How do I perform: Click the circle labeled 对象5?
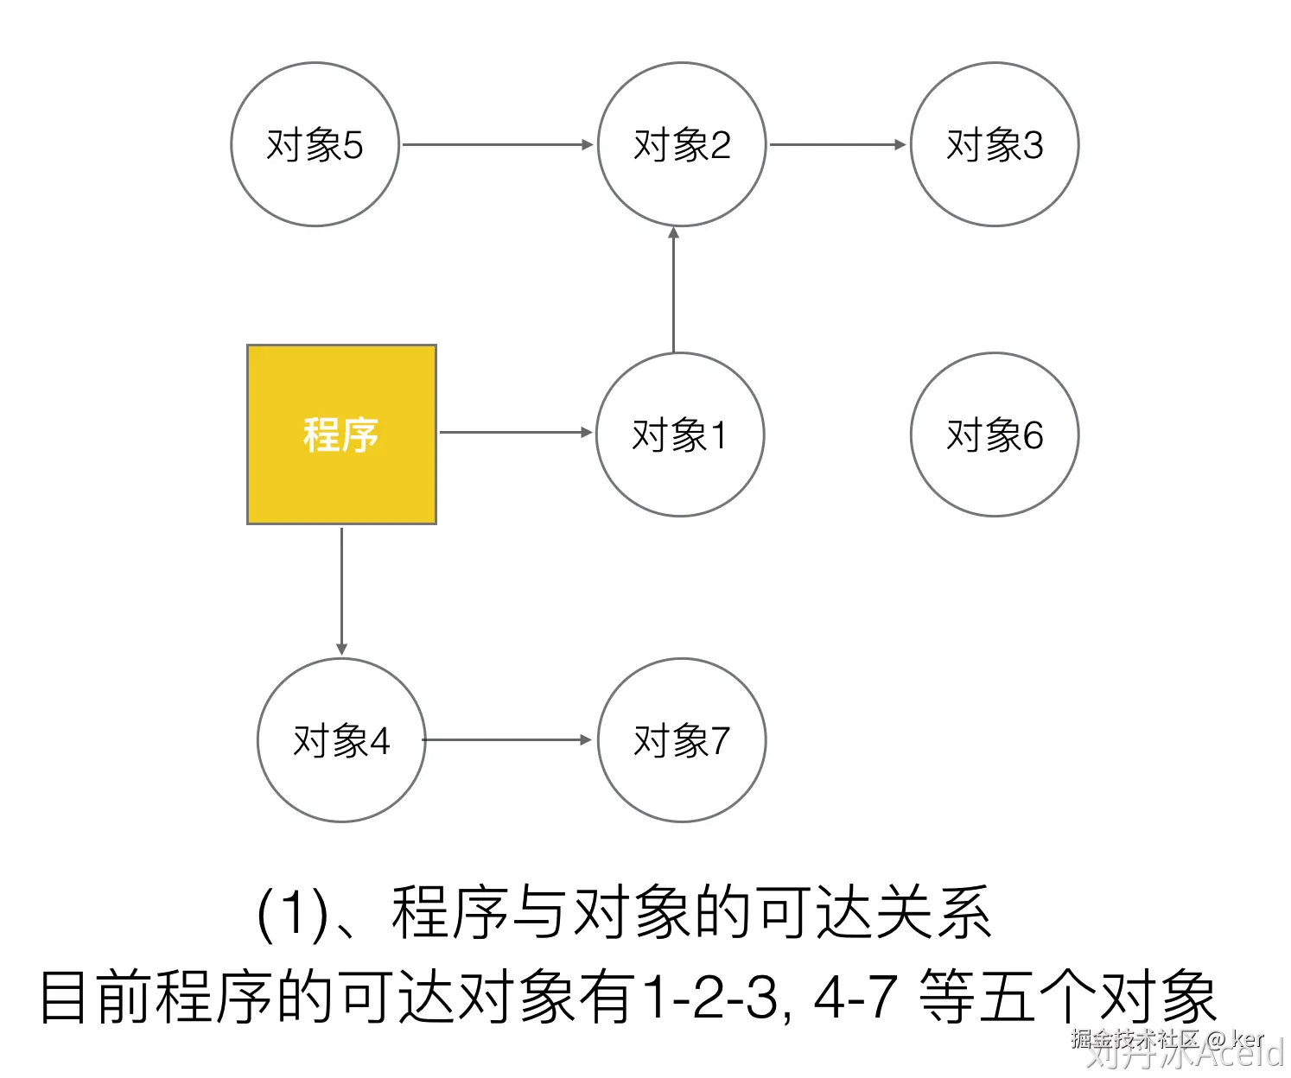pyautogui.click(x=315, y=144)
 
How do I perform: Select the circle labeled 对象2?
pyautogui.click(x=682, y=144)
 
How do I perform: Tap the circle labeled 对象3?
pyautogui.click(x=995, y=144)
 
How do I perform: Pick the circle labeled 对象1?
pyautogui.click(x=680, y=434)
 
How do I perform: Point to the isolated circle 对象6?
pyautogui.click(x=995, y=434)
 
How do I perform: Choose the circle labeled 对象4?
pyautogui.click(x=341, y=740)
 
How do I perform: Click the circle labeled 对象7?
pyautogui.click(x=682, y=740)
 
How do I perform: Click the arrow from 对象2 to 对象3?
pyautogui.click(x=837, y=144)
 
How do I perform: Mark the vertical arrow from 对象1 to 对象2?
pyautogui.click(x=673, y=289)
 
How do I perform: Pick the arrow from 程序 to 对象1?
pyautogui.click(x=516, y=432)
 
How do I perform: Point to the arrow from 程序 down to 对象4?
pyautogui.click(x=341, y=591)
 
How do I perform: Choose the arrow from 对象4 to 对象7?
pyautogui.click(x=507, y=739)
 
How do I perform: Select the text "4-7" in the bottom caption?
pyautogui.click(x=855, y=996)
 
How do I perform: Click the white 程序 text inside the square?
pyautogui.click(x=341, y=434)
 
